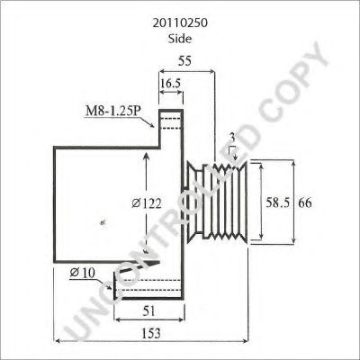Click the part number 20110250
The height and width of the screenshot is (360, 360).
(180, 23)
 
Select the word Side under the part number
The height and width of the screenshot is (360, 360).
(180, 39)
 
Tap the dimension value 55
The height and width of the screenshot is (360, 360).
(184, 61)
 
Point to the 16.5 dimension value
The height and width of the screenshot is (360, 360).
(170, 84)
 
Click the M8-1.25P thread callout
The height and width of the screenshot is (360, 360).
(113, 112)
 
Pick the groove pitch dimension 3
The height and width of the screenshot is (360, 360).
(232, 138)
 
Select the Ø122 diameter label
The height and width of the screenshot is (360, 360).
(147, 204)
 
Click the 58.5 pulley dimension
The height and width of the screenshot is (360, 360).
(278, 203)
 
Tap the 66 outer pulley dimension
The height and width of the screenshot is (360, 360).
(305, 203)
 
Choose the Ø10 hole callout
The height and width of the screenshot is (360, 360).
(83, 273)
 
